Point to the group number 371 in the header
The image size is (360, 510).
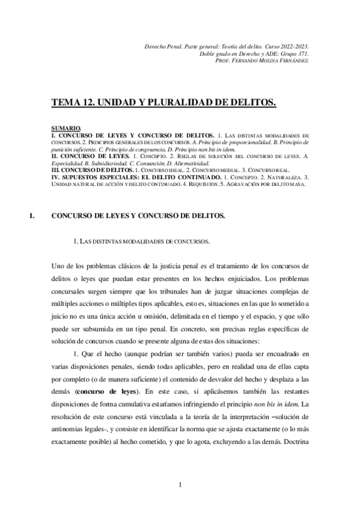303,54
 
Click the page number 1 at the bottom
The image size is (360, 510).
180,484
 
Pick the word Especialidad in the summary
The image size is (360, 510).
68,162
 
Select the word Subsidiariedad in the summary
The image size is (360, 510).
112,162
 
